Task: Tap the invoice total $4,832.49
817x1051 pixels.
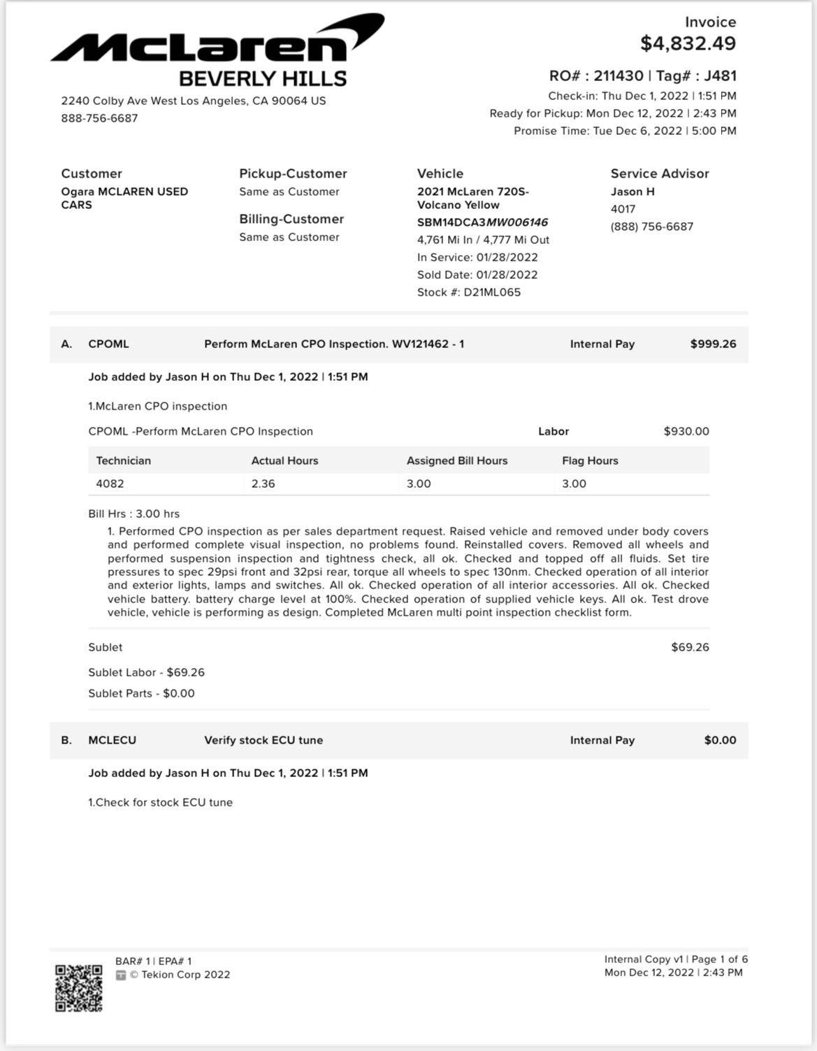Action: tap(688, 43)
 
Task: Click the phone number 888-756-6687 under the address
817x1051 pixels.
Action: tap(99, 118)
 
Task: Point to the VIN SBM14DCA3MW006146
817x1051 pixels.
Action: tap(482, 222)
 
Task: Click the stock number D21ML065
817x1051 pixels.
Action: tap(492, 292)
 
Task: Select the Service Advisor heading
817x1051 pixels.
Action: tap(659, 173)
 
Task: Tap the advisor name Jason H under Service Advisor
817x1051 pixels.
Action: tap(632, 191)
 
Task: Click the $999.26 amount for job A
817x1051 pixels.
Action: tap(713, 344)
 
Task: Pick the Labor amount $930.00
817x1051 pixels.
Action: tap(686, 431)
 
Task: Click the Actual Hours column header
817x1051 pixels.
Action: tap(284, 461)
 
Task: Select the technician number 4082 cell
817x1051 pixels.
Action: tap(110, 484)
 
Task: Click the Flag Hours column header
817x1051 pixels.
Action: tap(590, 461)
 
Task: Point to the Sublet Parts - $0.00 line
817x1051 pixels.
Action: tap(141, 693)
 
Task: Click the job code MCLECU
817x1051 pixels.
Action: tap(112, 740)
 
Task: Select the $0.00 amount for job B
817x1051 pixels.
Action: tap(720, 740)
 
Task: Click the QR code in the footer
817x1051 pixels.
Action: tap(79, 988)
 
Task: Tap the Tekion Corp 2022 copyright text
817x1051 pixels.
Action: tap(180, 975)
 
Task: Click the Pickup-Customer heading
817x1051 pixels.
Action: tap(293, 173)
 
